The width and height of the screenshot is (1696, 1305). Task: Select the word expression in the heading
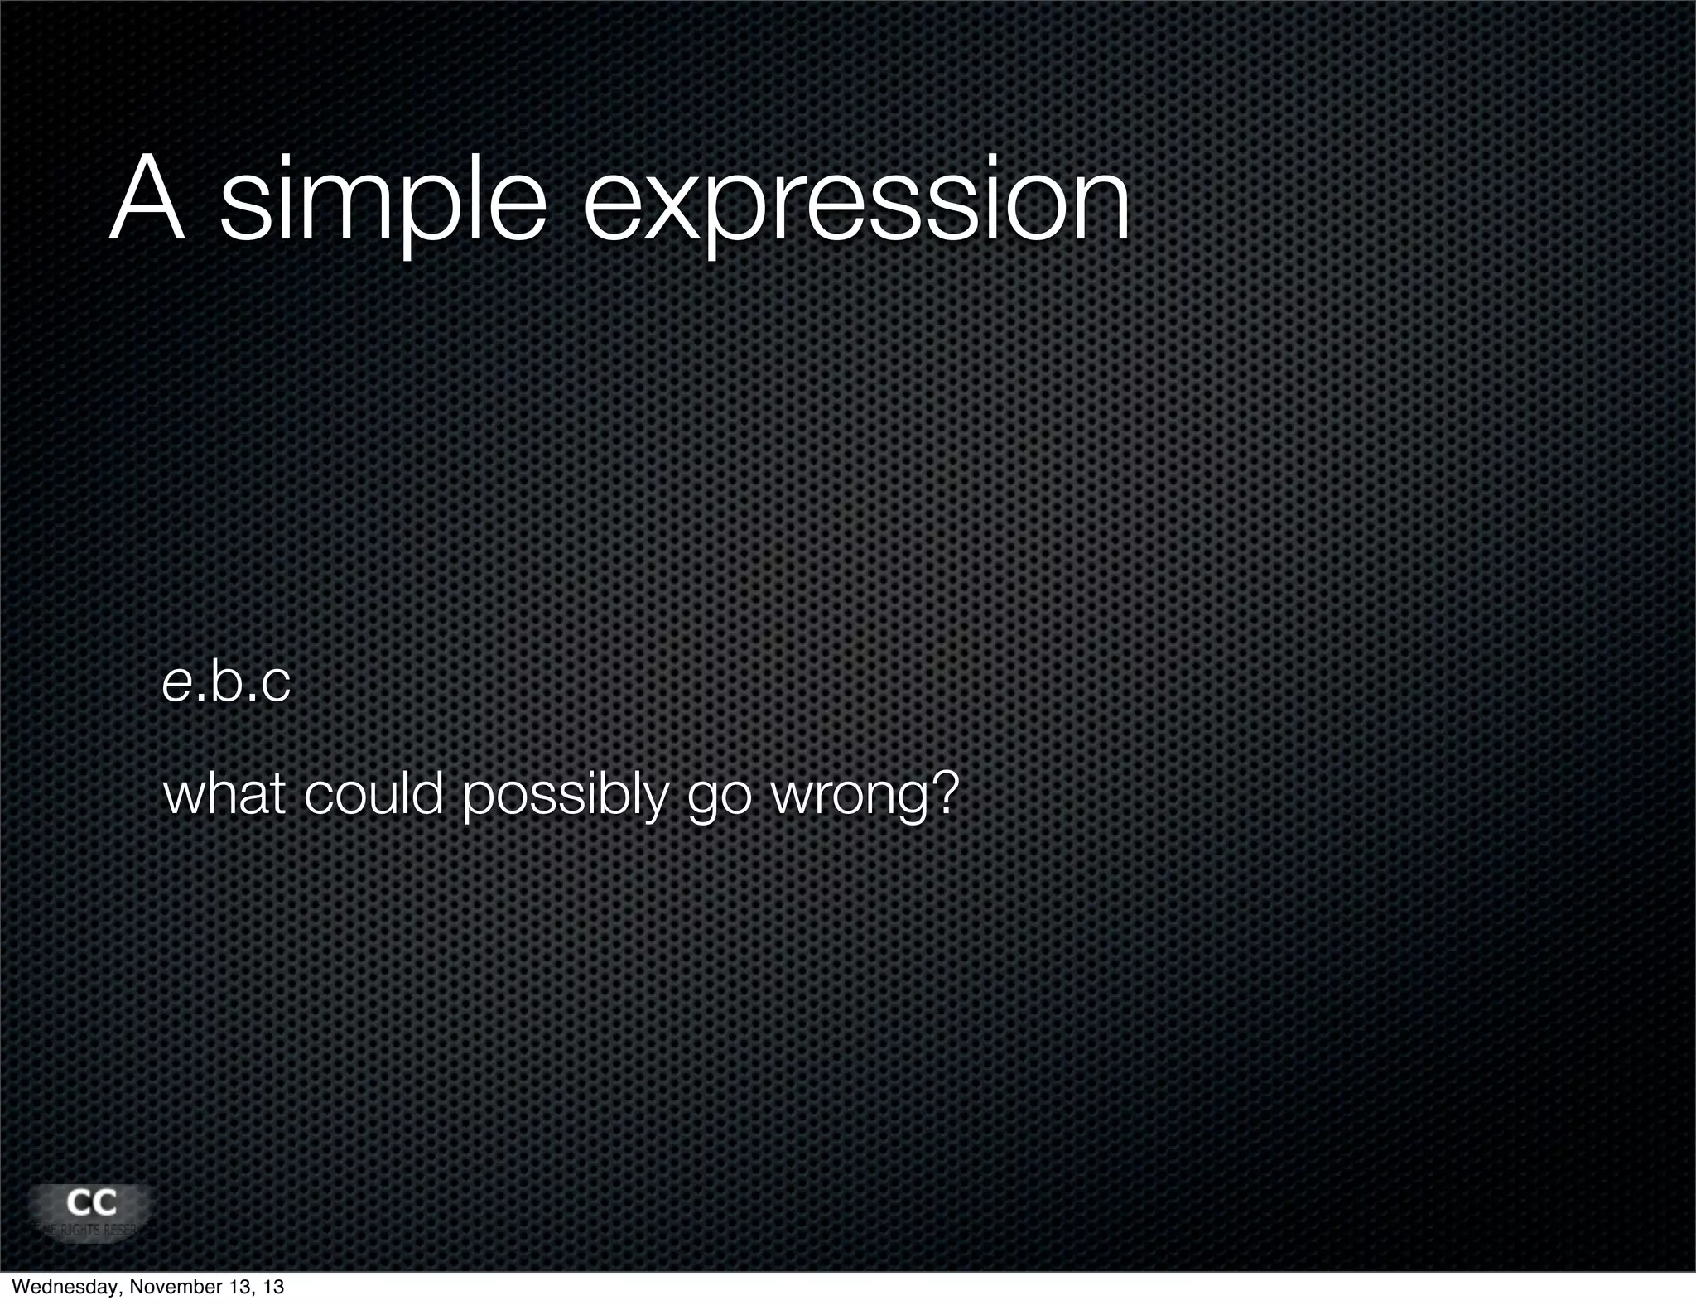[x=856, y=203]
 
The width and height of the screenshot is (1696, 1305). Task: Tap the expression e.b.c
[x=226, y=684]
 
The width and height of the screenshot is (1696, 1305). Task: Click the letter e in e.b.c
[x=175, y=686]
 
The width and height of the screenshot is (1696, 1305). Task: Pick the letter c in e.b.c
[x=276, y=686]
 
